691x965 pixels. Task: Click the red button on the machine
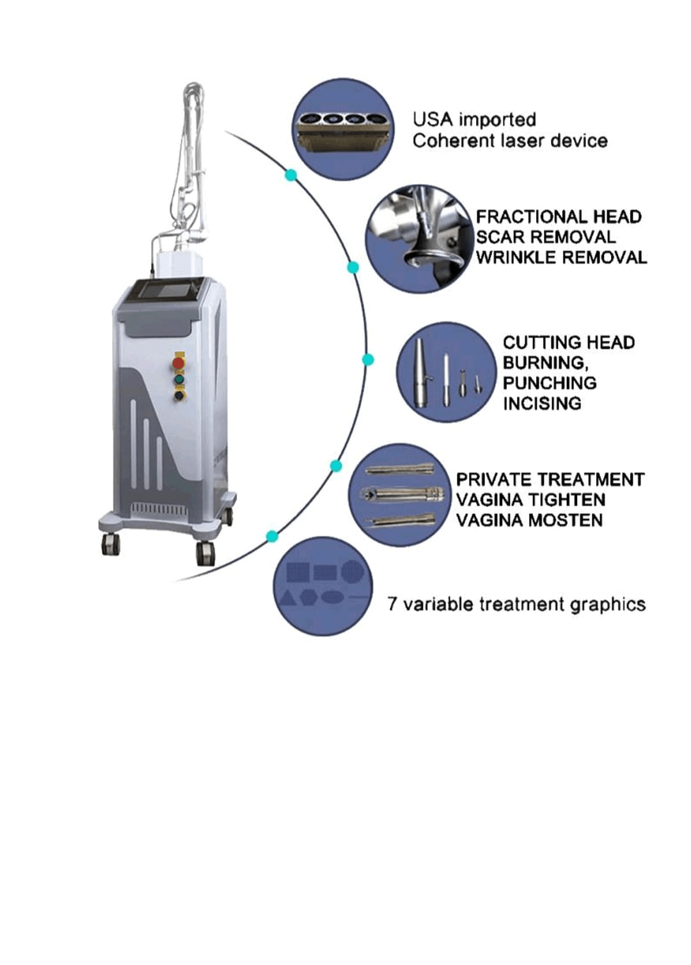tap(179, 363)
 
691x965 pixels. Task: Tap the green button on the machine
tap(179, 379)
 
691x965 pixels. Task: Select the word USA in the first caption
tap(433, 120)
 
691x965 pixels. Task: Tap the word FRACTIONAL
tap(522, 217)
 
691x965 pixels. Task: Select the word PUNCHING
tap(550, 383)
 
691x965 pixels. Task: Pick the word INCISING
tap(542, 403)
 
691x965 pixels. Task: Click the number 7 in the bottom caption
tap(392, 604)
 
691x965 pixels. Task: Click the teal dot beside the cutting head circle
tap(367, 360)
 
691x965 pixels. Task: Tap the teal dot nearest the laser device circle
tap(291, 175)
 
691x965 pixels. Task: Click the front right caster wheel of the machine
tap(205, 552)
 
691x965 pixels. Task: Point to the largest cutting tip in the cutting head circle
tap(419, 372)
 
